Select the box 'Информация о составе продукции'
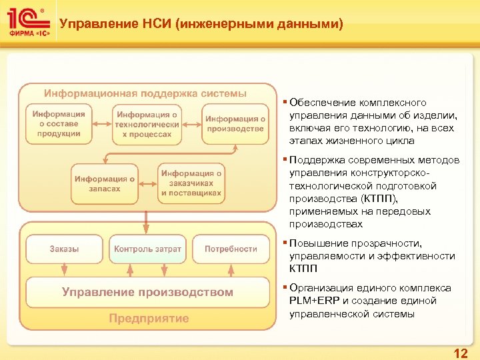(58, 124)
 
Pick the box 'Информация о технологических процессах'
(147, 124)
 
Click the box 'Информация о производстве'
(235, 124)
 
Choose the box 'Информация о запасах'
(105, 183)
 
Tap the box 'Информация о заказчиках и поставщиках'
(191, 183)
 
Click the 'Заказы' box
(64, 249)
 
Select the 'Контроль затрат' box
(147, 249)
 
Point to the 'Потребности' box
(231, 249)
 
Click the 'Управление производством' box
(147, 292)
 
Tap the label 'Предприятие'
(149, 319)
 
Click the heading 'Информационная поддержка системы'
(145, 93)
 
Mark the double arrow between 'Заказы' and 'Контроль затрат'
(106, 249)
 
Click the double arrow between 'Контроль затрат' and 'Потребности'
(189, 249)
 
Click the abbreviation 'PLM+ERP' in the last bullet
(314, 301)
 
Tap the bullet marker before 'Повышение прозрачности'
(285, 243)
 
